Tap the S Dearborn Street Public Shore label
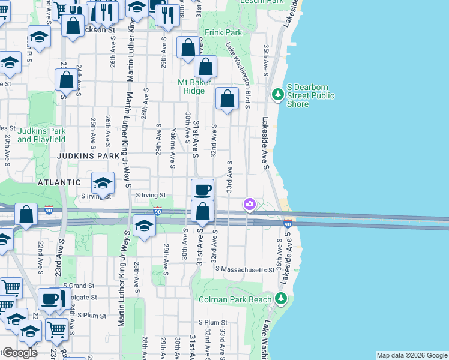pos(310,95)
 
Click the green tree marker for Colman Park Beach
pos(279,298)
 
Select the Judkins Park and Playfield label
pos(41,135)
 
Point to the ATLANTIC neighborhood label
pos(58,182)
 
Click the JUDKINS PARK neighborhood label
pos(88,156)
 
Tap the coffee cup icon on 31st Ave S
pos(203,190)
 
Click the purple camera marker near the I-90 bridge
pos(249,205)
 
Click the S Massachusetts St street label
pos(245,270)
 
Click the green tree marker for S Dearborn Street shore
pos(277,95)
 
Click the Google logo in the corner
pos(19,353)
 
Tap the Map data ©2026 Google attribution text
pos(411,355)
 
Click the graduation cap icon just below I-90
pos(144,226)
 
